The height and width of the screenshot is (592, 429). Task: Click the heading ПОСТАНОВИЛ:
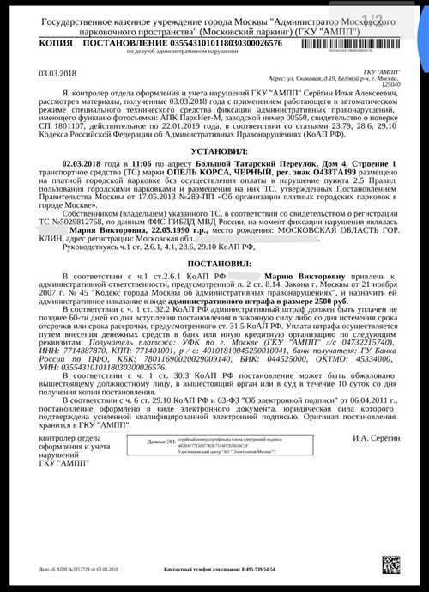coord(214,288)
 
